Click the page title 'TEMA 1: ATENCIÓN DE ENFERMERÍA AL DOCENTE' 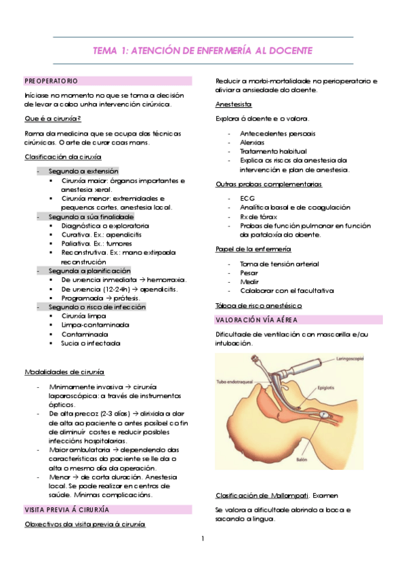[x=203, y=51]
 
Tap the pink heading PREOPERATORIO [x=51, y=81]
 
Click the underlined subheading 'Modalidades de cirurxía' [x=64, y=372]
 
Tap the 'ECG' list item [x=247, y=197]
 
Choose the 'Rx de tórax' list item [x=258, y=216]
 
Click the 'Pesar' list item [x=249, y=273]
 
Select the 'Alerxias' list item [x=252, y=142]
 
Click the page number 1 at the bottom [x=203, y=540]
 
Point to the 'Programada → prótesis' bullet [x=100, y=298]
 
